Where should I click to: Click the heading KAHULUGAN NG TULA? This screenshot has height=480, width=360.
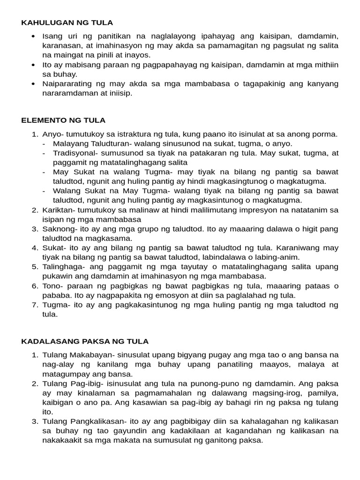pos(67,22)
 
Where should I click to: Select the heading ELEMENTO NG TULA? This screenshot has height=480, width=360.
pos(63,120)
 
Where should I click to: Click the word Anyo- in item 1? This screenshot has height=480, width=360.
pos(52,135)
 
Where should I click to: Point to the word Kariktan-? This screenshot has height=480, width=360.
pos(60,210)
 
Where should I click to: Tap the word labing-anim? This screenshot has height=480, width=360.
pos(278,257)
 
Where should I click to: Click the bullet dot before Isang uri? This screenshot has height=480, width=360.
pos(32,36)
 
